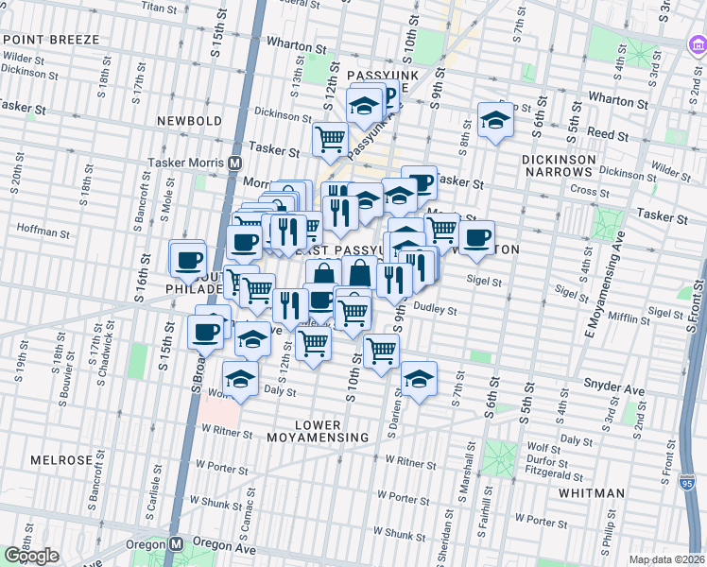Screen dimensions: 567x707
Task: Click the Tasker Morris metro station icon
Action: tap(233, 163)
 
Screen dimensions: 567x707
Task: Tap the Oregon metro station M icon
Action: tap(176, 545)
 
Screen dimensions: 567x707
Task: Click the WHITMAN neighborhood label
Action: tap(590, 493)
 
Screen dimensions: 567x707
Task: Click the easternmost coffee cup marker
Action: tap(476, 236)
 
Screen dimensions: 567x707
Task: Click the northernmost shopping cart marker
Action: tap(330, 139)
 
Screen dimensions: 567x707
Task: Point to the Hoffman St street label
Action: tap(38, 229)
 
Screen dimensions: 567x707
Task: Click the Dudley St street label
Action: tap(436, 309)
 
